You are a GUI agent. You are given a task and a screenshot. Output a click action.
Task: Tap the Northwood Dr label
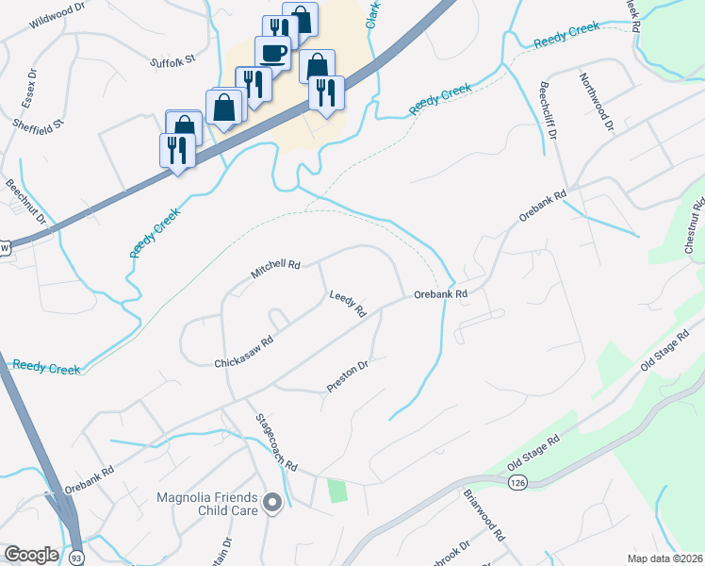(x=598, y=101)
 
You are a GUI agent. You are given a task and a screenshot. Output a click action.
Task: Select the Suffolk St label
(x=172, y=59)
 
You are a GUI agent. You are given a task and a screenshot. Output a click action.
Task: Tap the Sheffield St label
(x=38, y=124)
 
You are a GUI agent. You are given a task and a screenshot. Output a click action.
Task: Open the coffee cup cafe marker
(x=273, y=53)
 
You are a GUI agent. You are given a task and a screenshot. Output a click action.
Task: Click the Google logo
(x=31, y=555)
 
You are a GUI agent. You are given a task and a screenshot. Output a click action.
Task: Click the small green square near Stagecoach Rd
(x=336, y=491)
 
